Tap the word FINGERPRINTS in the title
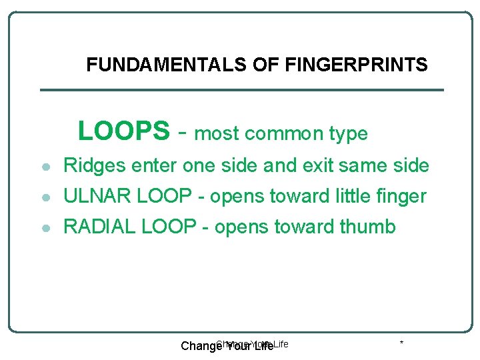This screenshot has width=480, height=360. tap(356, 65)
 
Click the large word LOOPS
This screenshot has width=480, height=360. tap(124, 131)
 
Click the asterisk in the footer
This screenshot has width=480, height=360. tap(401, 343)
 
